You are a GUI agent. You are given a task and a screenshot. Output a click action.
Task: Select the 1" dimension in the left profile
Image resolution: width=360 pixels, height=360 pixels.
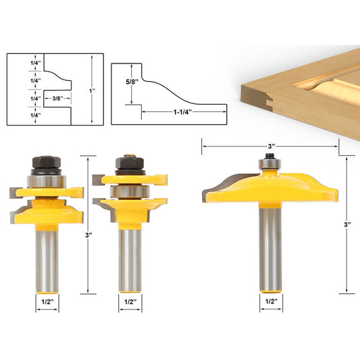click(92, 90)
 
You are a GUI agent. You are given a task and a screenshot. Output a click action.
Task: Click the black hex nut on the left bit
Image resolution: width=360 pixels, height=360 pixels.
click(45, 162)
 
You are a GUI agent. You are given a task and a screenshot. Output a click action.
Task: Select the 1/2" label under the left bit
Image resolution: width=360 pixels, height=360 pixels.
click(46, 303)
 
